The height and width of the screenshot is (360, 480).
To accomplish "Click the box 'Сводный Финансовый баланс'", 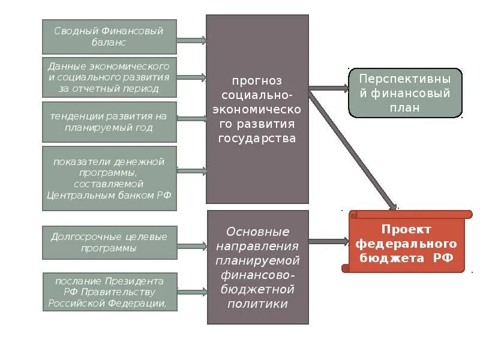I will pyautogui.click(x=109, y=37).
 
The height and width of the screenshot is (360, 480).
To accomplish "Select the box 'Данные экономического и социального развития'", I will pyautogui.click(x=109, y=77).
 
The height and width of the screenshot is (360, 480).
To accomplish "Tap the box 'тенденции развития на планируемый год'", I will pyautogui.click(x=109, y=122).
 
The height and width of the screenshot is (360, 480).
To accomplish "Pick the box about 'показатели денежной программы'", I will pyautogui.click(x=109, y=178).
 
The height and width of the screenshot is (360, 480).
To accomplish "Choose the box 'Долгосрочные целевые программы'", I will pyautogui.click(x=109, y=242).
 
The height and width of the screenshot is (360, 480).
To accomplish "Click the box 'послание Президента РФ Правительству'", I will pyautogui.click(x=109, y=292).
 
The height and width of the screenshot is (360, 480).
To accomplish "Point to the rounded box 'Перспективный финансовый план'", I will pyautogui.click(x=406, y=92).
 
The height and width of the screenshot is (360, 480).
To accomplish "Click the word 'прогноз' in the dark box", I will pyautogui.click(x=257, y=80).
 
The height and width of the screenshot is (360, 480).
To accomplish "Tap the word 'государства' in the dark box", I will pyautogui.click(x=257, y=138).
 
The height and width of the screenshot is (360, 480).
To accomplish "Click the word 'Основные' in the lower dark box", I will pyautogui.click(x=257, y=232).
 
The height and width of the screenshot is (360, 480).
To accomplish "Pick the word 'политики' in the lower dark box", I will pyautogui.click(x=257, y=304).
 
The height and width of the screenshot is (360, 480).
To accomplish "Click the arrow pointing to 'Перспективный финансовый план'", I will pyautogui.click(x=328, y=88).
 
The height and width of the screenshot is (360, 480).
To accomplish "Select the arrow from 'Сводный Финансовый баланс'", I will pyautogui.click(x=191, y=41).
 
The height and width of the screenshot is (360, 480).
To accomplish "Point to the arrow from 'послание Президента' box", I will pyautogui.click(x=193, y=292).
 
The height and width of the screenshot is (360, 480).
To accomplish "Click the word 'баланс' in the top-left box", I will pyautogui.click(x=109, y=43).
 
